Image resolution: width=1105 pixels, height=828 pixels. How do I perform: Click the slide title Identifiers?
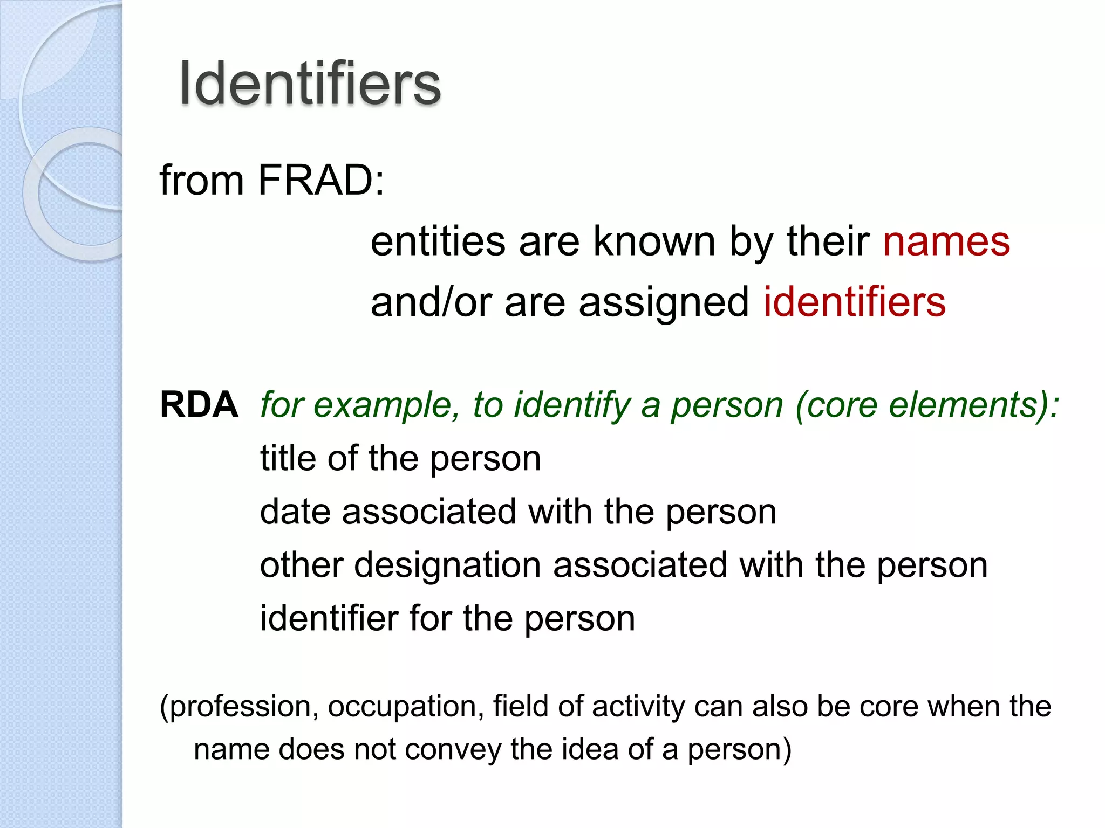pyautogui.click(x=310, y=84)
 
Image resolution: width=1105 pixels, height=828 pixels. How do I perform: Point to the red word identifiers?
pyautogui.click(x=855, y=302)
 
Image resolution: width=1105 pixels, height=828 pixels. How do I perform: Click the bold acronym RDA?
pyautogui.click(x=199, y=405)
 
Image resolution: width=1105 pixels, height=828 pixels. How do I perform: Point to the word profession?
pyautogui.click(x=240, y=707)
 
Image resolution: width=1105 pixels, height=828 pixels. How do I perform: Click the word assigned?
pyautogui.click(x=664, y=302)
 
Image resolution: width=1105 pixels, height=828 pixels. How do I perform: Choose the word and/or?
pyautogui.click(x=431, y=302)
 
